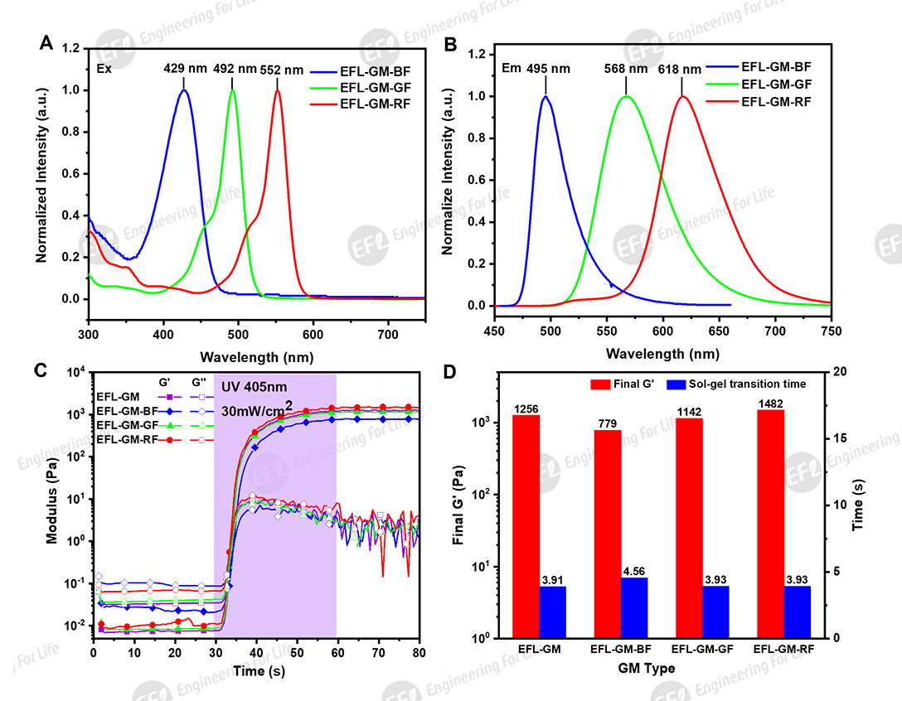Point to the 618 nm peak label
[x=681, y=70]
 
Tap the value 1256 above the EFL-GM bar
[x=526, y=409]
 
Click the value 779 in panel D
[x=607, y=424]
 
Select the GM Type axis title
[x=647, y=668]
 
